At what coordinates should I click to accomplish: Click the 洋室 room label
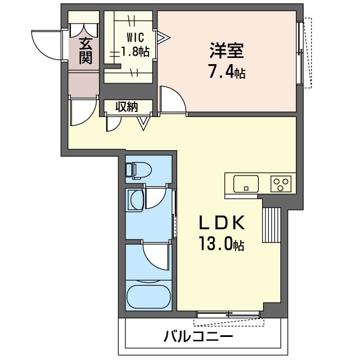[x=226, y=51]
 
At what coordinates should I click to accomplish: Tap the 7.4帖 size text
[x=226, y=71]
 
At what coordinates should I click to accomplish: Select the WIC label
[x=135, y=38]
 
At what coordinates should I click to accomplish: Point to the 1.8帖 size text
[x=135, y=52]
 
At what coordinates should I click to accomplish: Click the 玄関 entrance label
[x=85, y=51]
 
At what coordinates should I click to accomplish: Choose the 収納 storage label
[x=127, y=107]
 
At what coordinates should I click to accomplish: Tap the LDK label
[x=222, y=223]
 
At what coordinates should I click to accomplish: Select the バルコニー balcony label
[x=199, y=337]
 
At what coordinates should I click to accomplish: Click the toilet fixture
[x=139, y=170]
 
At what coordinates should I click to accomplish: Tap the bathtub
[x=148, y=297]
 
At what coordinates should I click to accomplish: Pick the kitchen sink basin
[x=246, y=184]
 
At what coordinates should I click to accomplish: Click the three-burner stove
[x=281, y=184]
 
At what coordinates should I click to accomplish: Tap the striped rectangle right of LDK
[x=271, y=225]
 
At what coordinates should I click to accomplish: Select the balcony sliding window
[x=229, y=314]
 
